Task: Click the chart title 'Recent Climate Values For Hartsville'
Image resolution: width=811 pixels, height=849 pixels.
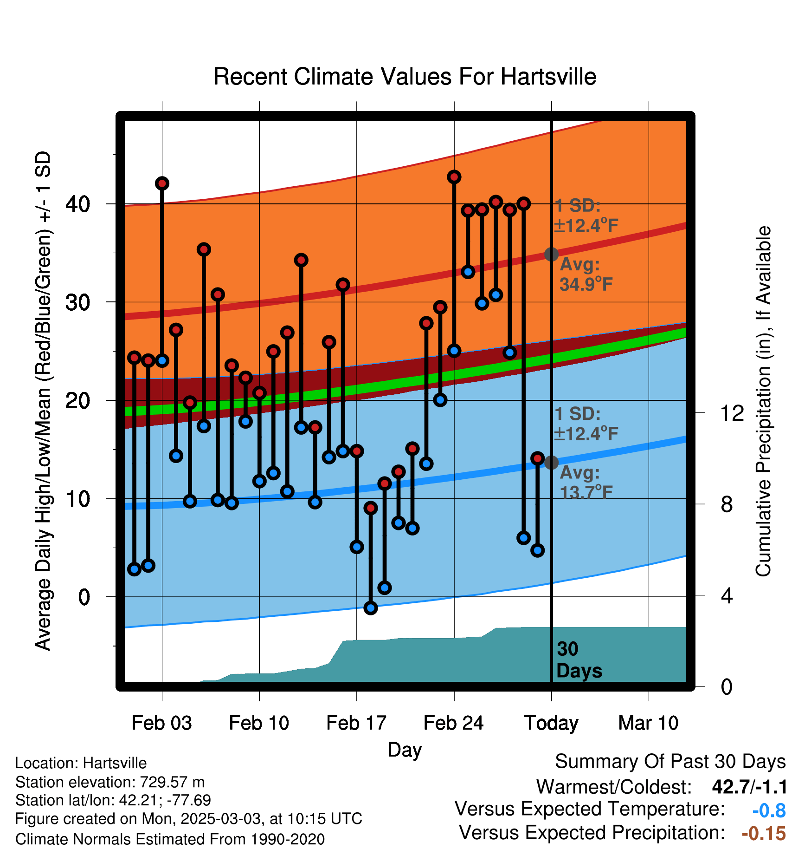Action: (x=405, y=77)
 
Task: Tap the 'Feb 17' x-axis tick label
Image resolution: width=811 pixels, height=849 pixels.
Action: (x=356, y=723)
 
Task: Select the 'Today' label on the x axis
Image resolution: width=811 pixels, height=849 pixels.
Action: (x=551, y=723)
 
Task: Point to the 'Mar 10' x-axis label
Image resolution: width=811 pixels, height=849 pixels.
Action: (x=649, y=723)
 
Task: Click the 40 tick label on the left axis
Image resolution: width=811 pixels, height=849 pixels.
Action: (x=78, y=204)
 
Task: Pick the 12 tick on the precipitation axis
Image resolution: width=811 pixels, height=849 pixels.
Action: (x=732, y=413)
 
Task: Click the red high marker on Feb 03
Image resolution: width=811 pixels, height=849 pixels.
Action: (x=162, y=183)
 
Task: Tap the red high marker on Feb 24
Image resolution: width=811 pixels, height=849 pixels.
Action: (x=454, y=177)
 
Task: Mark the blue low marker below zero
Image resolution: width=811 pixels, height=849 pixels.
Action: (x=371, y=608)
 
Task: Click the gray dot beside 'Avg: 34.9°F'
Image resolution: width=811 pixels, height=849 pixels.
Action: (x=551, y=254)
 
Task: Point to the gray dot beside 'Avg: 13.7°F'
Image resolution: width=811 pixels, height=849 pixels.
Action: (x=551, y=463)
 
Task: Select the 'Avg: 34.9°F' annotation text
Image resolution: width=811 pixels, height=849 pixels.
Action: (x=586, y=274)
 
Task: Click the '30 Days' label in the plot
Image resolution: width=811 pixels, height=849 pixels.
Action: (x=579, y=660)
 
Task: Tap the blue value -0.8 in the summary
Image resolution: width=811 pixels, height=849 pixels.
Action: (x=769, y=810)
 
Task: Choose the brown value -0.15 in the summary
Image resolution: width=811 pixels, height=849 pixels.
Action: (x=764, y=834)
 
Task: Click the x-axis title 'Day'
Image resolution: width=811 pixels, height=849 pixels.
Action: (x=405, y=750)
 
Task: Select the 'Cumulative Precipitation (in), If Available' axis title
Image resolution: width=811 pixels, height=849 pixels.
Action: (x=764, y=402)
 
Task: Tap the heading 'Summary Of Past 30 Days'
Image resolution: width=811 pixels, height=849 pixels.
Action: (x=670, y=762)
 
